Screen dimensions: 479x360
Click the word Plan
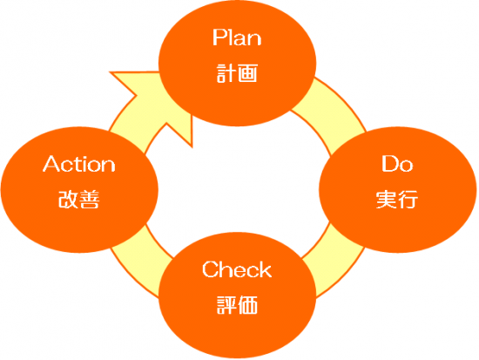(237, 37)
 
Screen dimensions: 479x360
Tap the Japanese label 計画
(237, 73)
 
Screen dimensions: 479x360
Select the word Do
(397, 164)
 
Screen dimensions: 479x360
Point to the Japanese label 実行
(397, 200)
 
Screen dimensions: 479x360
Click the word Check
(237, 269)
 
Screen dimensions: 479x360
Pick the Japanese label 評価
(237, 304)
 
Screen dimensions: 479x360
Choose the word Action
(78, 164)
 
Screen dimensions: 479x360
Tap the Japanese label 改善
(78, 200)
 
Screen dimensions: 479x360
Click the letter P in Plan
(219, 37)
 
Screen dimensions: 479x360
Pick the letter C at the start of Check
(210, 269)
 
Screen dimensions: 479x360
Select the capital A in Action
(51, 164)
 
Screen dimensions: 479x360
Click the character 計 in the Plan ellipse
(226, 73)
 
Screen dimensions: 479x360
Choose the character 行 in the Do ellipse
(408, 200)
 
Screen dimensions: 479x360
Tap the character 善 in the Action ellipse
(90, 200)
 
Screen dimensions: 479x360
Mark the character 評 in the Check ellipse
(226, 304)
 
